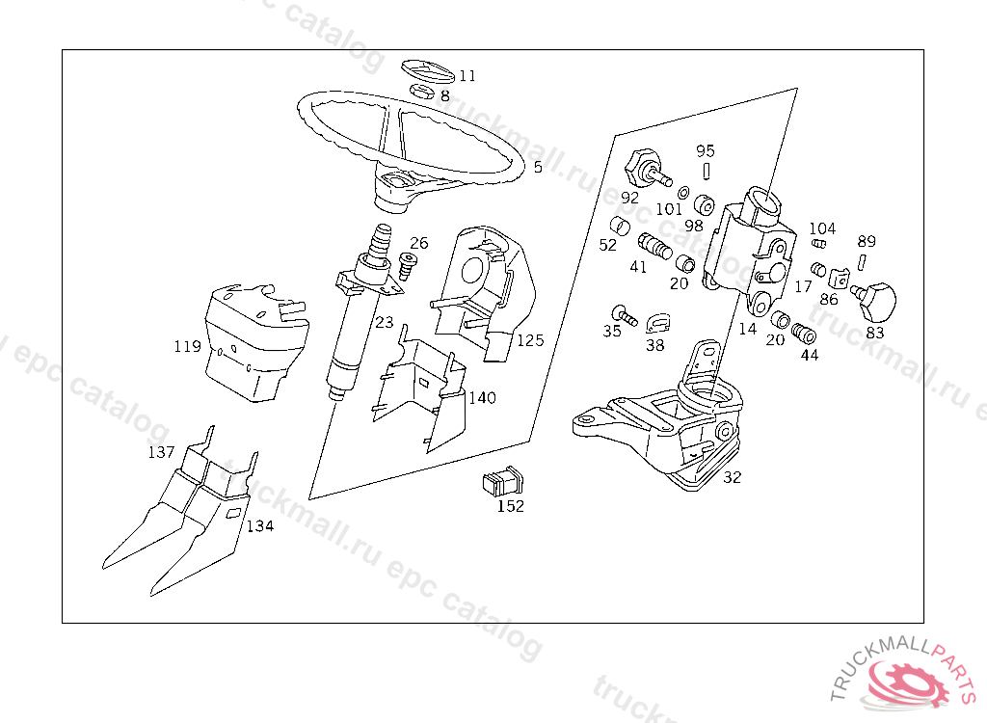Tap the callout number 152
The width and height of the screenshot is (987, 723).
pyautogui.click(x=511, y=506)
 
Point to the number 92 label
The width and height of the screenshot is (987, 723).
pyautogui.click(x=629, y=198)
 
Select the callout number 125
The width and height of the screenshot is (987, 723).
pyautogui.click(x=530, y=340)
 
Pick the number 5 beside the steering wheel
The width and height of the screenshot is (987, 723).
pyautogui.click(x=538, y=168)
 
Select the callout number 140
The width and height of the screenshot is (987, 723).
pyautogui.click(x=482, y=397)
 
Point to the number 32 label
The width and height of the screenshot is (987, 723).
pyautogui.click(x=733, y=477)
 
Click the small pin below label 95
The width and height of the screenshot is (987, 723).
pyautogui.click(x=707, y=171)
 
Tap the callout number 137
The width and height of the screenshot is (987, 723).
pyautogui.click(x=161, y=452)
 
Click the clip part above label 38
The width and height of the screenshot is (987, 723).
pyautogui.click(x=657, y=323)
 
